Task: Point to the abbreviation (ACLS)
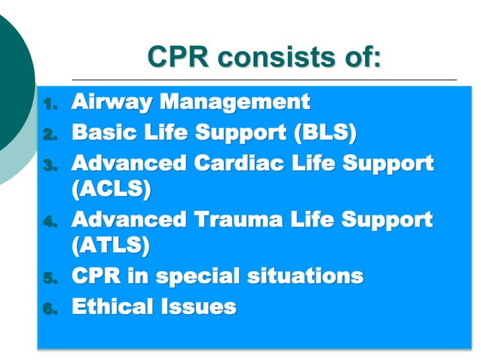(111, 188)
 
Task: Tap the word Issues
(199, 307)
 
